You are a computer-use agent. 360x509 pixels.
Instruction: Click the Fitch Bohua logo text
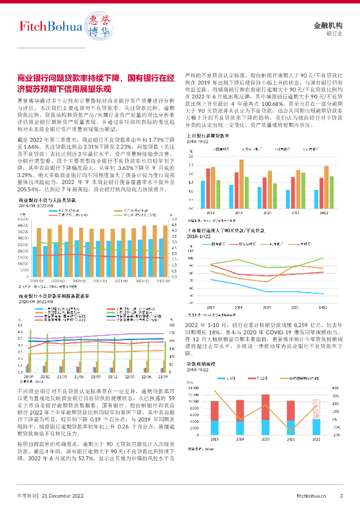click(50, 25)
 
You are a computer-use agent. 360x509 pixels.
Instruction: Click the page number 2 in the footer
click(341, 496)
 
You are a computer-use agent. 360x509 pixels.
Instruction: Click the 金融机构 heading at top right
click(329, 25)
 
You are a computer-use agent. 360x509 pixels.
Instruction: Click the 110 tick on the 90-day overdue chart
click(191, 251)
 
